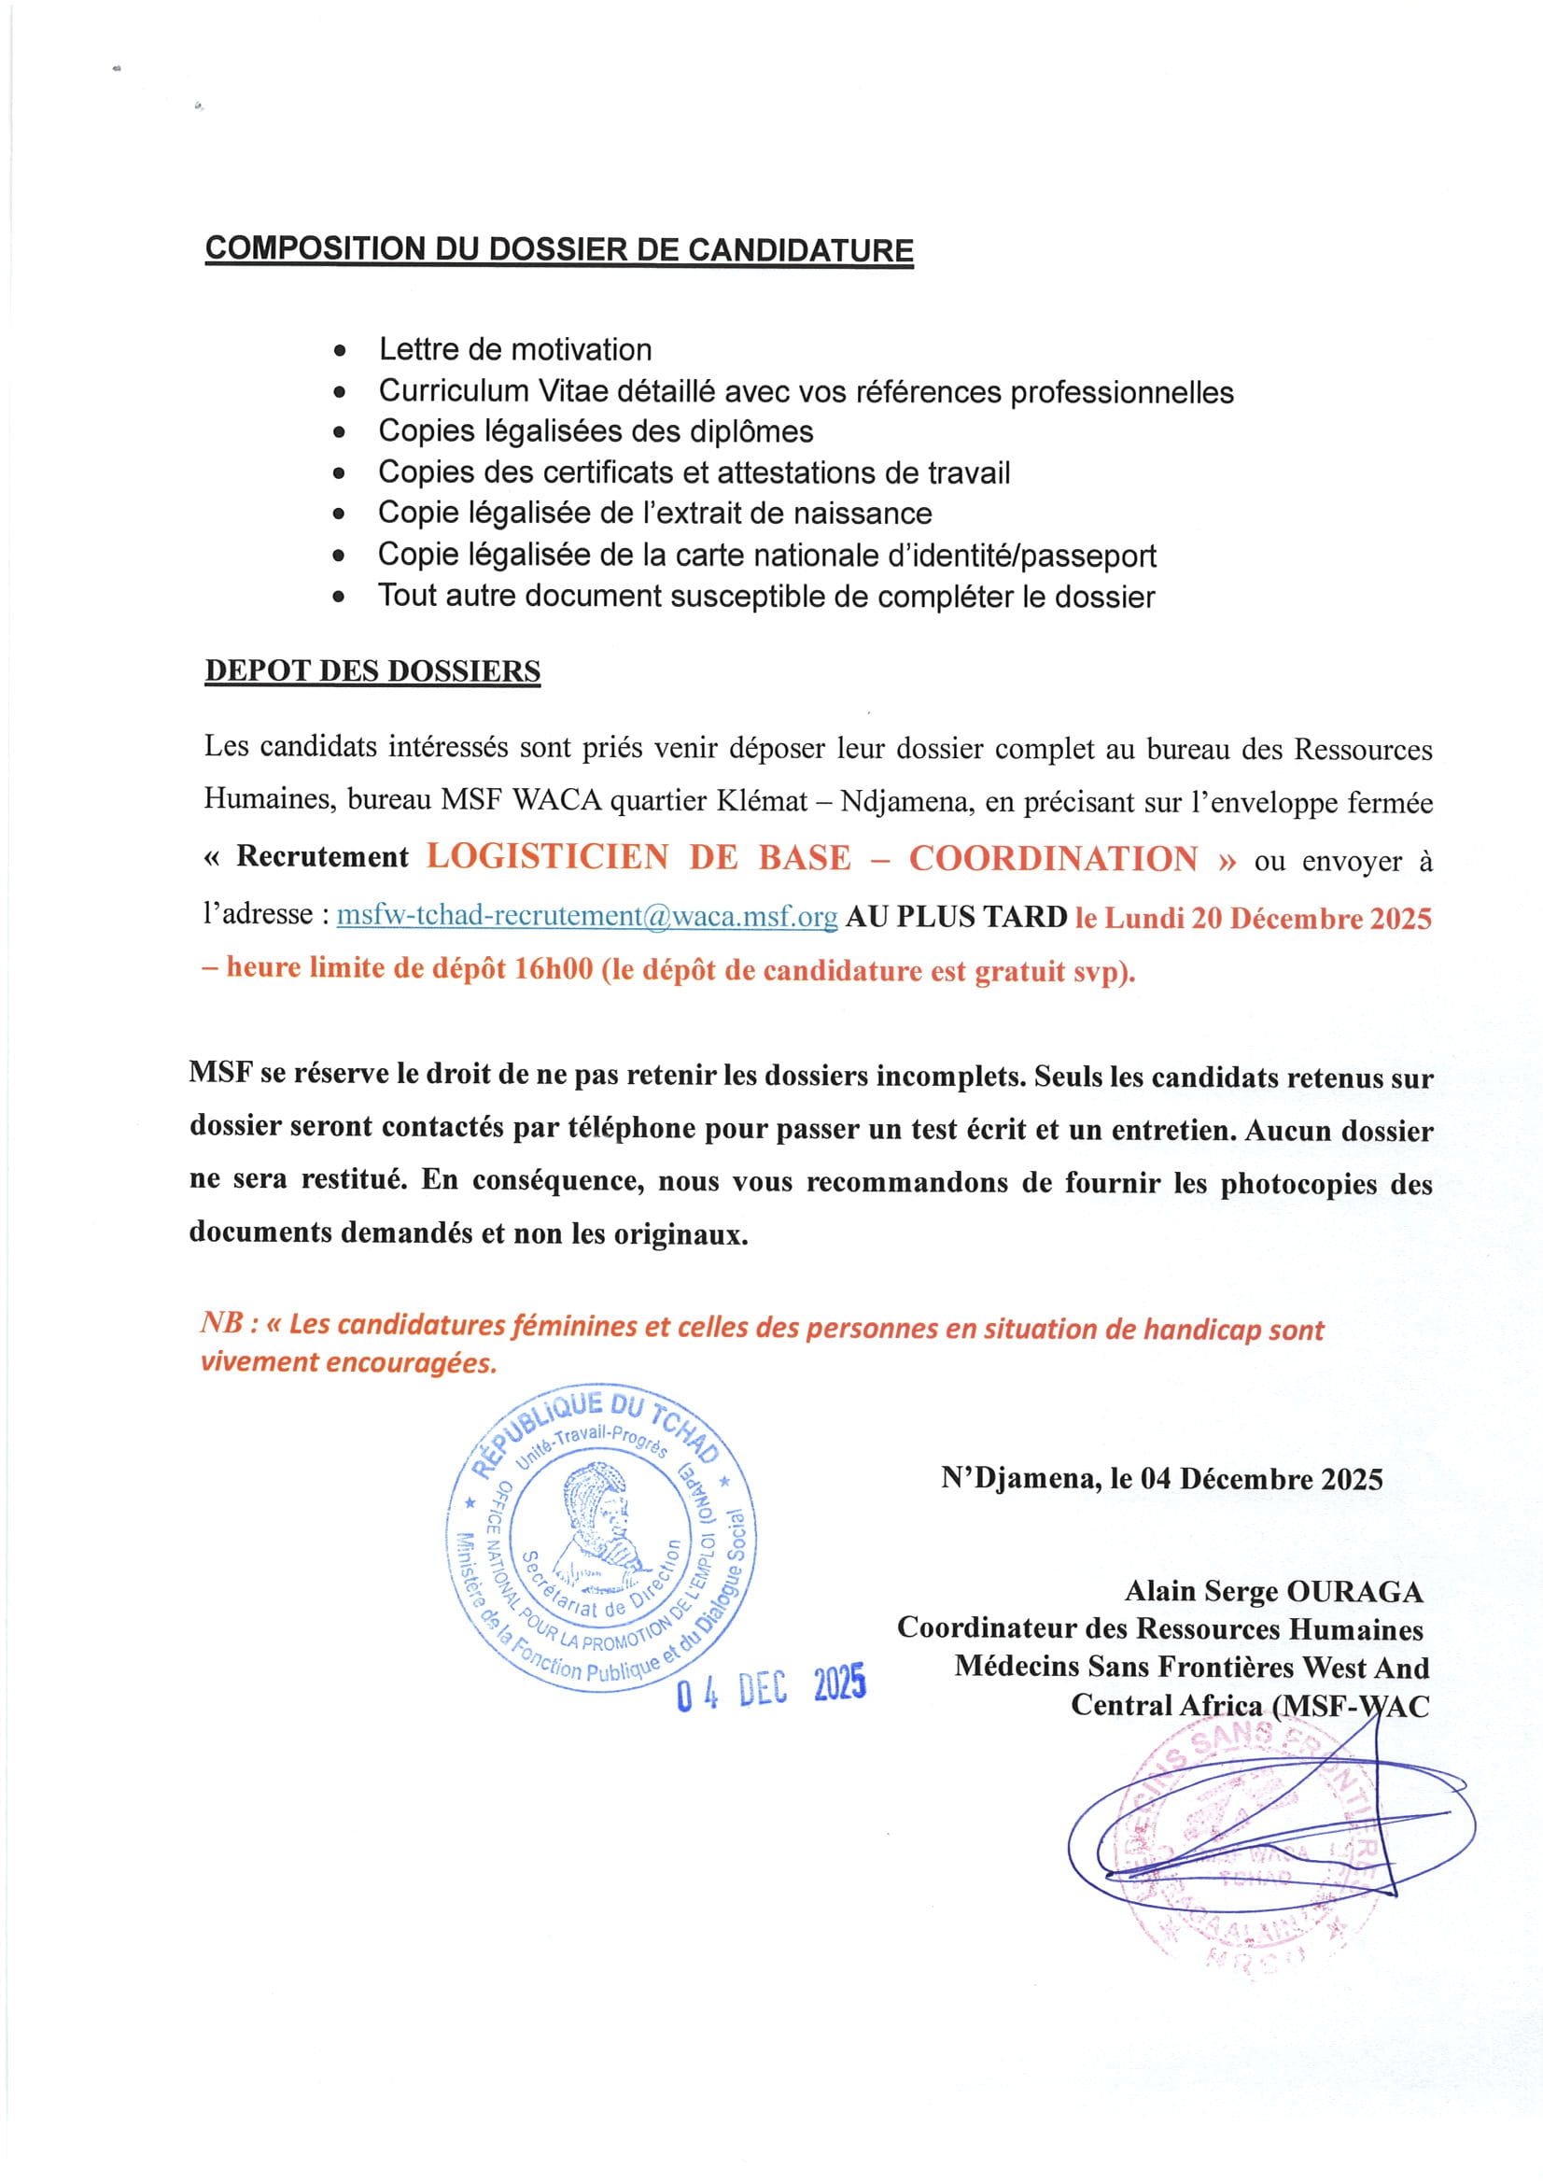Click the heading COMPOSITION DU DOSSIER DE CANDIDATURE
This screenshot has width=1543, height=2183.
[559, 249]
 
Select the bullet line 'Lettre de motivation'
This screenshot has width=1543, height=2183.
[514, 350]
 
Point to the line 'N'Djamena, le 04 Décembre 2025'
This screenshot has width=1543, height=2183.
[1162, 1478]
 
